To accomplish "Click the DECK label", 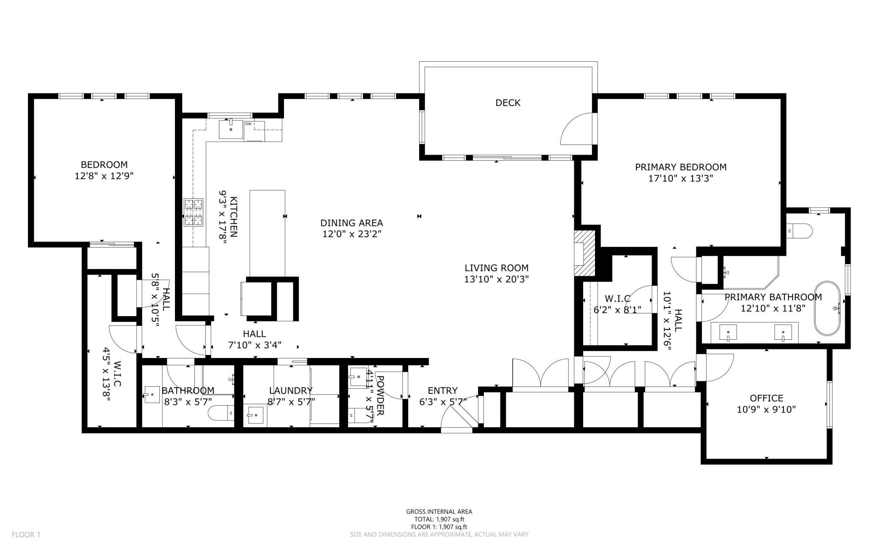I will click(x=508, y=103).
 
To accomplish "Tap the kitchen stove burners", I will click(x=194, y=213).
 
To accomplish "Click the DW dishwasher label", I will click(x=248, y=124).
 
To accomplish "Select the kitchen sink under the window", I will click(x=231, y=129).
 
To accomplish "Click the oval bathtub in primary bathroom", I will click(x=827, y=308).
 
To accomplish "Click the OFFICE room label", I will click(x=766, y=398).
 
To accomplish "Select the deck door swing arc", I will click(x=576, y=129).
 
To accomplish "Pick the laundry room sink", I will click(x=255, y=415).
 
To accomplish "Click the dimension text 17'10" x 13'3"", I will click(x=680, y=178).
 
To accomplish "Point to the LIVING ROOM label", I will click(x=496, y=268).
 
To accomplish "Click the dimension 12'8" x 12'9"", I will click(x=104, y=176).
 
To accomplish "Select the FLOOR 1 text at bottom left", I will click(x=26, y=535).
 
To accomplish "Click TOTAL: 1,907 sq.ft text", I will click(x=439, y=519).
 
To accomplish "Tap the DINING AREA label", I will click(x=351, y=223).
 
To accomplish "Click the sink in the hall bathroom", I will click(x=152, y=395).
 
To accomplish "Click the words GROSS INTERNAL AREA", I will click(x=439, y=511).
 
